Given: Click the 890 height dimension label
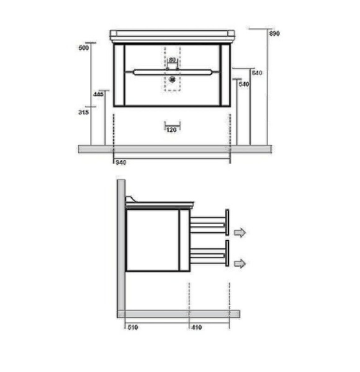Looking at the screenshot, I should point(274,33).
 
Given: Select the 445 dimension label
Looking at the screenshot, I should point(97,94).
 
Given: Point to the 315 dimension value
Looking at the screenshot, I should point(84,112).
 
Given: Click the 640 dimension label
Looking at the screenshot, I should point(258,73).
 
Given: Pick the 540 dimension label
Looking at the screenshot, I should point(243,84).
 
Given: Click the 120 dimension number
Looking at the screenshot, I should point(172,130).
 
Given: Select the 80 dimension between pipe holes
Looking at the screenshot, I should point(173,60).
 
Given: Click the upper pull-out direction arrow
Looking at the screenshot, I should point(240,232).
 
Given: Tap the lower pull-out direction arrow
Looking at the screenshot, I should point(240,263).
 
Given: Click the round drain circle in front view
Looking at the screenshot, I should point(173,79).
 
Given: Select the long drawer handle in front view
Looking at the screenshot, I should point(173,72).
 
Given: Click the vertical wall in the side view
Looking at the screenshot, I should point(122,248).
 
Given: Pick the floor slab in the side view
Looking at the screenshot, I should point(180,314).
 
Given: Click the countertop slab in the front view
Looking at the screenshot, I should point(173,34).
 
